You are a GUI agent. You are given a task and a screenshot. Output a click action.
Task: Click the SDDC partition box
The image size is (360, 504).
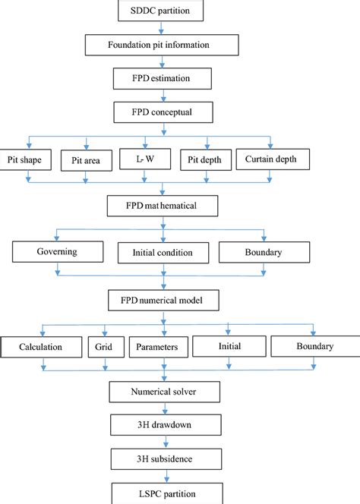pyautogui.click(x=160, y=11)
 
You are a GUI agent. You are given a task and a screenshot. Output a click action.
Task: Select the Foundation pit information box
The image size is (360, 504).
pyautogui.click(x=162, y=45)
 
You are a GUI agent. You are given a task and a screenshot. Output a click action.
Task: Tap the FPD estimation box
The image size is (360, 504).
pyautogui.click(x=162, y=78)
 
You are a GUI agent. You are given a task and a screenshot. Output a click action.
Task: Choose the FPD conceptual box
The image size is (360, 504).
pyautogui.click(x=163, y=112)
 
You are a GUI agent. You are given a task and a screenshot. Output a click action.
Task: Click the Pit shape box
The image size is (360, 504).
pyautogui.click(x=25, y=159)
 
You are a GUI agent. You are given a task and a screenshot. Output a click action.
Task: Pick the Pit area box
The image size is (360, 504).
pyautogui.click(x=87, y=160)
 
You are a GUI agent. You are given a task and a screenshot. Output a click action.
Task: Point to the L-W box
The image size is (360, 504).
pyautogui.click(x=145, y=159)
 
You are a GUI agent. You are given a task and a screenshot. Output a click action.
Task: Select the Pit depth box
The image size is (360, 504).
pyautogui.click(x=206, y=159)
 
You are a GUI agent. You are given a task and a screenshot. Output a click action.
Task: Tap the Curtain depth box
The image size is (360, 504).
pyautogui.click(x=273, y=159)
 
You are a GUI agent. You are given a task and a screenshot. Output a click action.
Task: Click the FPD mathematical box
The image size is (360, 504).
pyautogui.click(x=163, y=206)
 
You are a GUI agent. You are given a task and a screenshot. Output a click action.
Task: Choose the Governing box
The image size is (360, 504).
pyautogui.click(x=58, y=252)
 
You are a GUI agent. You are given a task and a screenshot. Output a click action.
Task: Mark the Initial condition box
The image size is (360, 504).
pyautogui.click(x=163, y=253)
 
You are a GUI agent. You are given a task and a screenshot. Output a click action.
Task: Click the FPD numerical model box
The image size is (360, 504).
pyautogui.click(x=163, y=301)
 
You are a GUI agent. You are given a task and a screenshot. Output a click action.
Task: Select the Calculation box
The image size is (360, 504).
pyautogui.click(x=41, y=347)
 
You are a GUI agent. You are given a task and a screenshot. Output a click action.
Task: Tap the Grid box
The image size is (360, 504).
pyautogui.click(x=106, y=347)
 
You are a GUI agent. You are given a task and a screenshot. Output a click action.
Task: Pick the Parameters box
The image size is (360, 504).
pyautogui.click(x=159, y=347)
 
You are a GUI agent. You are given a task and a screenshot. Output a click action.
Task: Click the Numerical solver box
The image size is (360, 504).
pyautogui.click(x=164, y=392)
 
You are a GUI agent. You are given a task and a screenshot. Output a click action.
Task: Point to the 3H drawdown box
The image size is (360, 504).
pyautogui.click(x=166, y=425)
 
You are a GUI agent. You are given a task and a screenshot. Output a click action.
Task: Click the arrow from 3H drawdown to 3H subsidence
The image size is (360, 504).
pyautogui.click(x=166, y=442)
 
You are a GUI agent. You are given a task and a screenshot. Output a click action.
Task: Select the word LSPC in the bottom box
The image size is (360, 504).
pyautogui.click(x=149, y=493)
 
